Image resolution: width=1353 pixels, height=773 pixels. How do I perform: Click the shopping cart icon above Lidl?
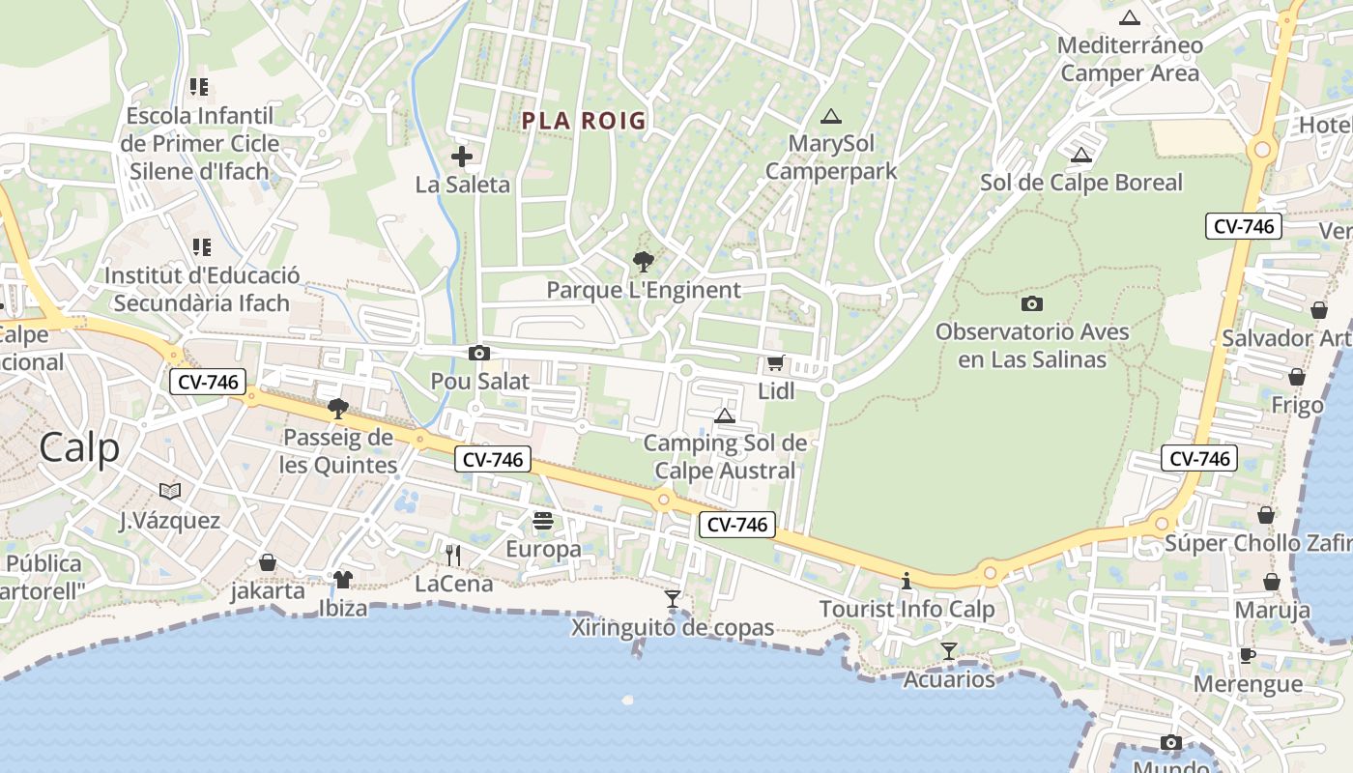pyautogui.click(x=774, y=363)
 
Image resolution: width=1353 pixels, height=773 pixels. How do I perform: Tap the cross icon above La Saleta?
pyautogui.click(x=462, y=156)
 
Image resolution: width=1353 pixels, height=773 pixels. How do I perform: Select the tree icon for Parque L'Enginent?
pyautogui.click(x=643, y=261)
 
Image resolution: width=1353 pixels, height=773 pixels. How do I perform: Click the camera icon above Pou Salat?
pyautogui.click(x=478, y=354)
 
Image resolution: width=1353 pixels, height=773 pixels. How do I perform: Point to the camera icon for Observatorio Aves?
pyautogui.click(x=1031, y=303)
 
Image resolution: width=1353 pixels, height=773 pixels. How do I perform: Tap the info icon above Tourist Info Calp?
pyautogui.click(x=907, y=581)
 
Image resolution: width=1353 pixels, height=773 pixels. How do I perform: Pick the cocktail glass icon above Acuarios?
pyautogui.click(x=948, y=651)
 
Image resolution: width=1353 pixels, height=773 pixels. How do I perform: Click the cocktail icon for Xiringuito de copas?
pyautogui.click(x=673, y=599)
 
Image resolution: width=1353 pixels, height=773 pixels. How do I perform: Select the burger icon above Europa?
pyautogui.click(x=543, y=521)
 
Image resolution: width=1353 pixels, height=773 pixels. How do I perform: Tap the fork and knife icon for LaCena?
pyautogui.click(x=452, y=555)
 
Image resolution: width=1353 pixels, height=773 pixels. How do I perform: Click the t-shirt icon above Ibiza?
pyautogui.click(x=343, y=580)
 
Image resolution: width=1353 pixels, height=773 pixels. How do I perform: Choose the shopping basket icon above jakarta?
pyautogui.click(x=268, y=562)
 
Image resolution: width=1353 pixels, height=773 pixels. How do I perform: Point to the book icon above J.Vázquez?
pyautogui.click(x=170, y=492)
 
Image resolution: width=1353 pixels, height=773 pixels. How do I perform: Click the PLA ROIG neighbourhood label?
pyautogui.click(x=583, y=121)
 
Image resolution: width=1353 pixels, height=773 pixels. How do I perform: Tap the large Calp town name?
pyautogui.click(x=80, y=448)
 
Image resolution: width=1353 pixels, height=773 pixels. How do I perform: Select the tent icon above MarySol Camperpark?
pyautogui.click(x=830, y=117)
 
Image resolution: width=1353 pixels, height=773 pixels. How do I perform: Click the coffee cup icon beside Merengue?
pyautogui.click(x=1248, y=655)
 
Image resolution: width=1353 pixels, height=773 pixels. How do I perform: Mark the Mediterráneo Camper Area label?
pyautogui.click(x=1130, y=59)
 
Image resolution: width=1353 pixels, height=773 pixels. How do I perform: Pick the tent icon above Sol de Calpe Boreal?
pyautogui.click(x=1080, y=155)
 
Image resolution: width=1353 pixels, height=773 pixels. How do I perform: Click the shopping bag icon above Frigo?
pyautogui.click(x=1297, y=377)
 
